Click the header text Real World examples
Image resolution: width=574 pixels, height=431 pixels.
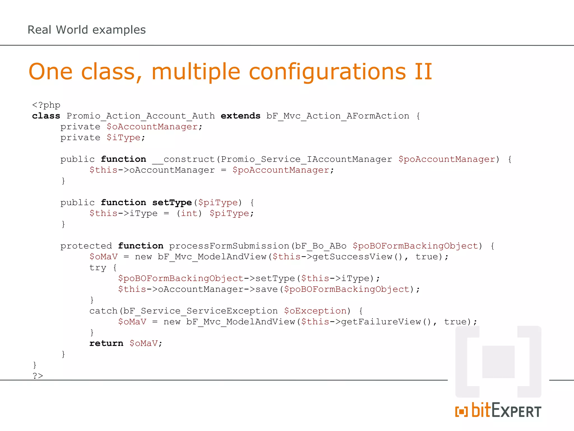[87, 30]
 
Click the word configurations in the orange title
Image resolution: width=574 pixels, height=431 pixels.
[327, 72]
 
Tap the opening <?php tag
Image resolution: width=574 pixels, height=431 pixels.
[46, 105]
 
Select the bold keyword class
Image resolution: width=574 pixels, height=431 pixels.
[46, 116]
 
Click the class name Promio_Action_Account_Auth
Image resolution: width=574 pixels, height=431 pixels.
[141, 116]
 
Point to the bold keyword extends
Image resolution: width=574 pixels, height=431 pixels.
[240, 116]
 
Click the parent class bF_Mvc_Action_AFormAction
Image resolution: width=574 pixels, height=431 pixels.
[338, 116]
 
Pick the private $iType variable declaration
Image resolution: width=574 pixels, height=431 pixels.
[123, 138]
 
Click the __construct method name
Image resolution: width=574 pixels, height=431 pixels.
[183, 159]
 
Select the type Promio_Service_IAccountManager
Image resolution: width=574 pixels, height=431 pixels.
[306, 159]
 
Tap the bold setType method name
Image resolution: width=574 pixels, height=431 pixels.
[172, 203]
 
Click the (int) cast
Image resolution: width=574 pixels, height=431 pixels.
[189, 214]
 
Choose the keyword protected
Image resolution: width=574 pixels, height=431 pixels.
[86, 246]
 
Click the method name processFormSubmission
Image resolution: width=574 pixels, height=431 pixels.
[229, 246]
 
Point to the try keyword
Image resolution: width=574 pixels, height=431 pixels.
[98, 268]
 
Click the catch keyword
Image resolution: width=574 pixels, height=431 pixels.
[103, 311]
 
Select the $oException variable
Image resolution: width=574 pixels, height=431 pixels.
[315, 311]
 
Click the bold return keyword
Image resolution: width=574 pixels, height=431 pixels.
[106, 343]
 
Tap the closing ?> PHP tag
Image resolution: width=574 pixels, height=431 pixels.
[38, 376]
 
